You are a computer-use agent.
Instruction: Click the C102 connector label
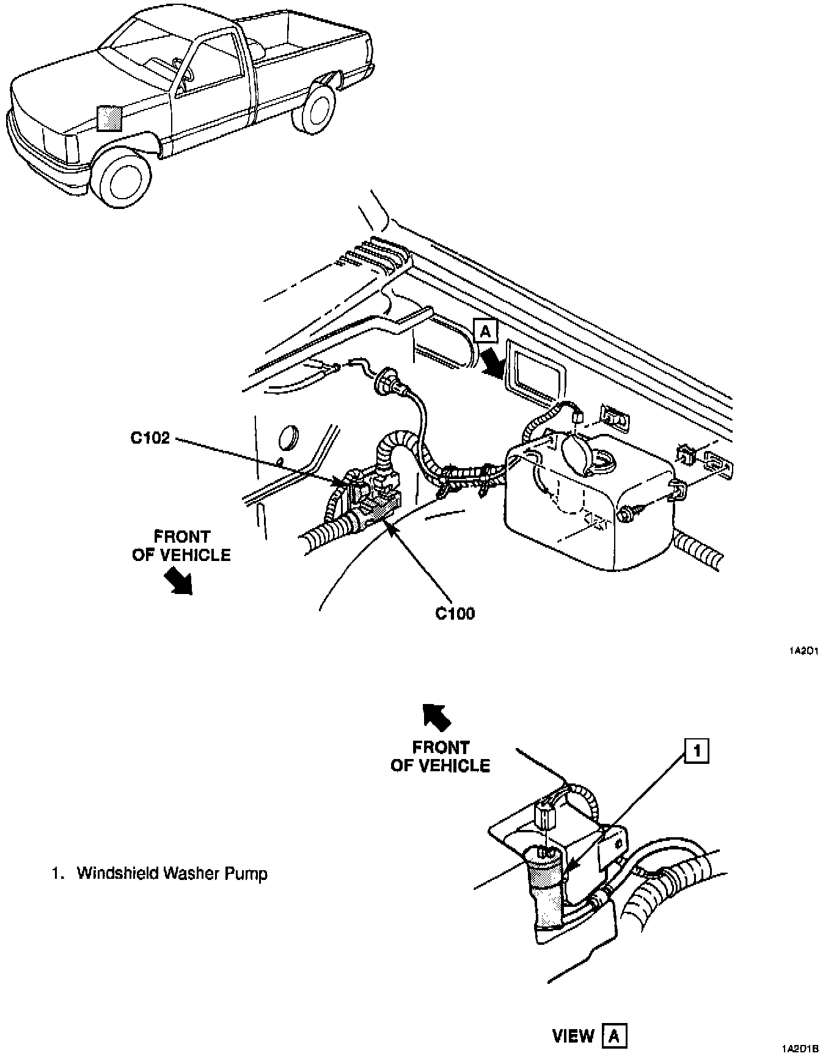coord(150,439)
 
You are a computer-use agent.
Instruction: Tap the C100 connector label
coord(455,613)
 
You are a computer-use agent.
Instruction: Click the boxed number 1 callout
coord(698,751)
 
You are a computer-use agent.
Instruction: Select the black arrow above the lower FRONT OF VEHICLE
coord(437,716)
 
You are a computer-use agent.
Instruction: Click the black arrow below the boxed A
coord(492,361)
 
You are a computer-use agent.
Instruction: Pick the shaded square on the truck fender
coord(110,119)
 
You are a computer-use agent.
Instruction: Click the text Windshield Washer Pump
coord(172,873)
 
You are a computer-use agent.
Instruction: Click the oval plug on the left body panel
coord(290,438)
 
